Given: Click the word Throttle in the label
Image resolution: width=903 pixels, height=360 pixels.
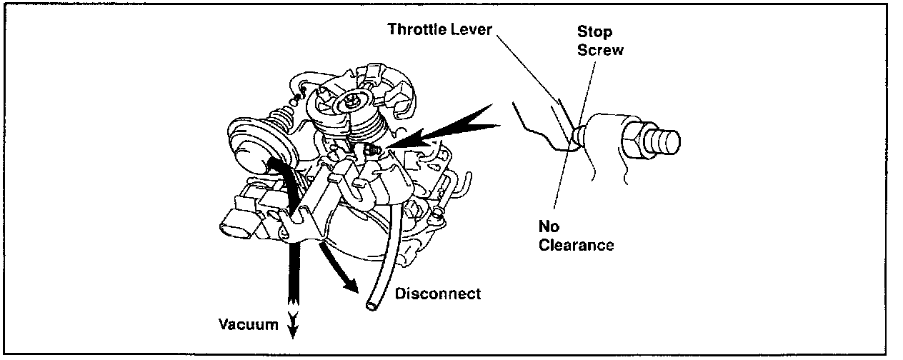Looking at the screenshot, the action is [x=414, y=30].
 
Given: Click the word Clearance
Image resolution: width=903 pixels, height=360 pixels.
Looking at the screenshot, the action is [x=576, y=245].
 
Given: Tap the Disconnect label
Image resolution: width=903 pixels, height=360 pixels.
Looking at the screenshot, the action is [x=438, y=294].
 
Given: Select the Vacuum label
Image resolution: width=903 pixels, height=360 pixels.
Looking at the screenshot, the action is [x=248, y=325].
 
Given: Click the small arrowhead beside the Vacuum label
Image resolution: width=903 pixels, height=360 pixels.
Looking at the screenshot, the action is [x=294, y=326].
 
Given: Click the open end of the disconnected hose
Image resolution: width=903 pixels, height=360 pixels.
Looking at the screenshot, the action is [x=371, y=306].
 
